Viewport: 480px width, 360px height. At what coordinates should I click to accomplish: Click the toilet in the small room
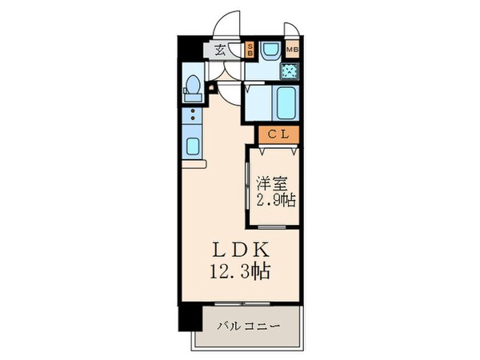[x=193, y=86]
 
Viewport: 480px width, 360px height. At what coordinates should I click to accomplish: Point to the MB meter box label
[x=292, y=49]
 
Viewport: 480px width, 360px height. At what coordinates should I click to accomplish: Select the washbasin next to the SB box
[x=268, y=51]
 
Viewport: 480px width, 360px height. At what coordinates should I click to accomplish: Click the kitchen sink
[x=194, y=146]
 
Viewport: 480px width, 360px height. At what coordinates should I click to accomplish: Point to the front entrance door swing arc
[x=230, y=22]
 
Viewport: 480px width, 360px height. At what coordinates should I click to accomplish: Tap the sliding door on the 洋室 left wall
[x=249, y=186]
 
